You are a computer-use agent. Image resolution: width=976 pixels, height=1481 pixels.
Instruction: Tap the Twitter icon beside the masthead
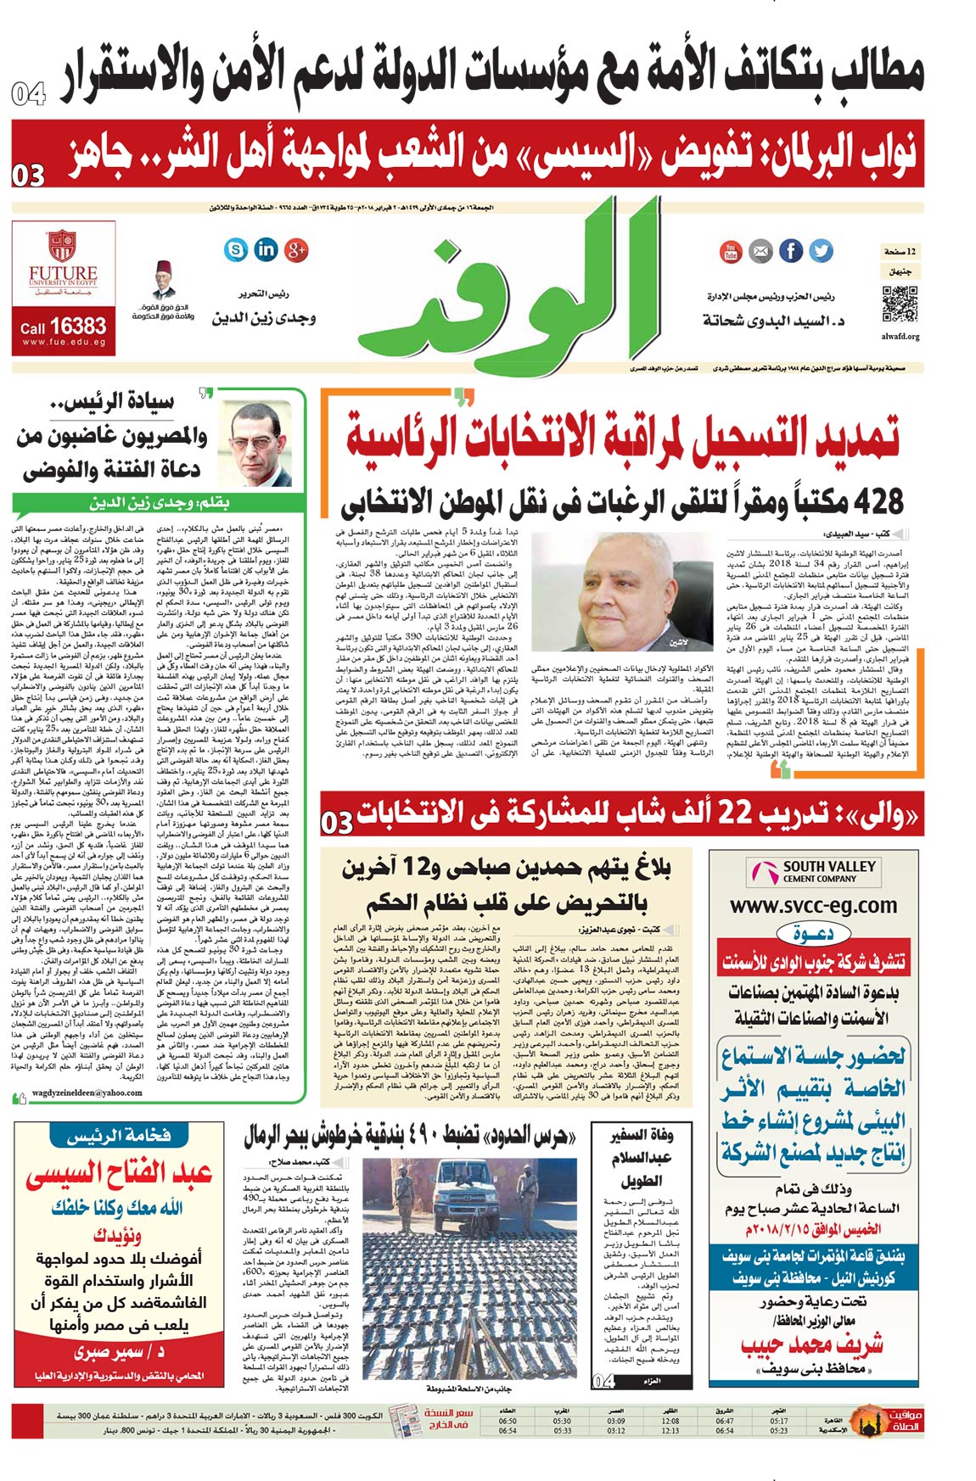(821, 251)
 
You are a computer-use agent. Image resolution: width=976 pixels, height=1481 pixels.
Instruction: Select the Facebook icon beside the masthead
(790, 251)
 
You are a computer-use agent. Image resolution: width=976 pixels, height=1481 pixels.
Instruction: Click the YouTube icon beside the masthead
(730, 251)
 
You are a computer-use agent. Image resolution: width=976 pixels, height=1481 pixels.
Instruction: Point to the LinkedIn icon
(266, 249)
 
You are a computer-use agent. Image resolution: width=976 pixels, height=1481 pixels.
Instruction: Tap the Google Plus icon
(295, 249)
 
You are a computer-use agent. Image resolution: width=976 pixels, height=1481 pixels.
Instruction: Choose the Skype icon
(236, 249)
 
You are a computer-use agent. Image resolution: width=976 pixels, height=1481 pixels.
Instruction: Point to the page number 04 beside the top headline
(28, 93)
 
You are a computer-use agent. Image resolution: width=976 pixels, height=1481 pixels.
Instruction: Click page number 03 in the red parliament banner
(28, 175)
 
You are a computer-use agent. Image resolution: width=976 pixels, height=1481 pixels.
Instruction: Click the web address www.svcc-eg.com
(814, 905)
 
